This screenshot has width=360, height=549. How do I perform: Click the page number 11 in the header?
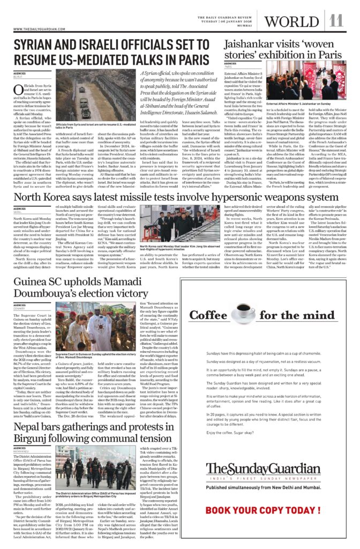[x=336, y=21]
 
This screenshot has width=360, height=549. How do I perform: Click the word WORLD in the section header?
[x=291, y=21]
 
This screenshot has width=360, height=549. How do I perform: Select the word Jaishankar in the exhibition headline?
[x=250, y=44]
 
